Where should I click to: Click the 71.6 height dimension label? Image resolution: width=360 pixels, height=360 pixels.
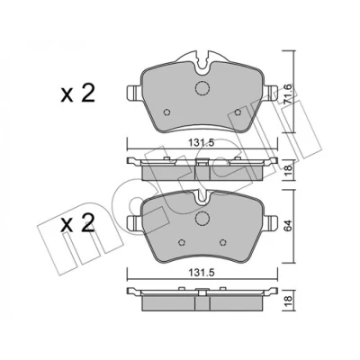(287, 94)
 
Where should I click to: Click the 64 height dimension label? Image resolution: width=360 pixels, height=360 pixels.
(287, 226)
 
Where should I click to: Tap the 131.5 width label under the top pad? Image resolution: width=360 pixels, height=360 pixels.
(201, 143)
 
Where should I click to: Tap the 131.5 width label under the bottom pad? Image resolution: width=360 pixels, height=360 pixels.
(201, 273)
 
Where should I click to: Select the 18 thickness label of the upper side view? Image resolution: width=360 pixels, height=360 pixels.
(287, 171)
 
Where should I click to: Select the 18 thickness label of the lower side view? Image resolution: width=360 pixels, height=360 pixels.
(287, 301)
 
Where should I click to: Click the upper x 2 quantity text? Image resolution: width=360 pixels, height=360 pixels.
(77, 93)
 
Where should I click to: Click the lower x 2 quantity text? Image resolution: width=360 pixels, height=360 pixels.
(77, 223)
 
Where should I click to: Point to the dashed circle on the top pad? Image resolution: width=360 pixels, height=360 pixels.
(202, 88)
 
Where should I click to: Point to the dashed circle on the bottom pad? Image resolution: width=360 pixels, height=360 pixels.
(202, 218)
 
